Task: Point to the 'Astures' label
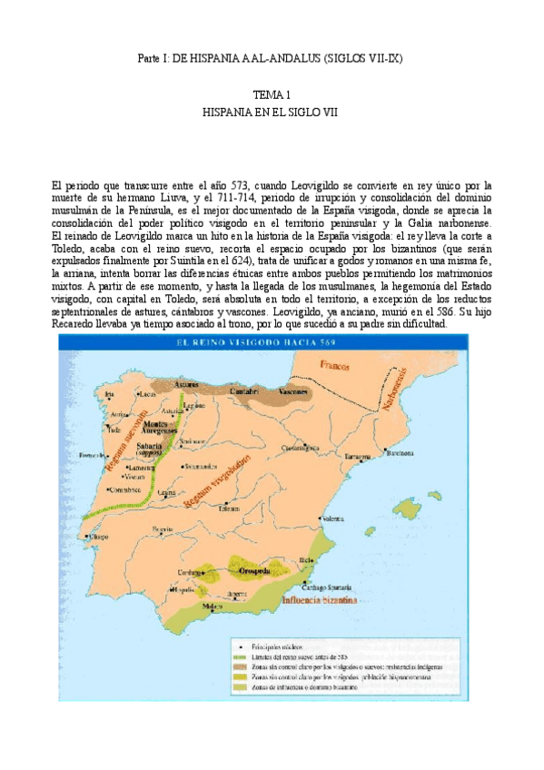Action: [x=186, y=384]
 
